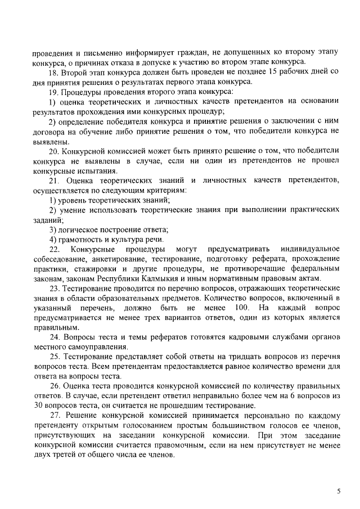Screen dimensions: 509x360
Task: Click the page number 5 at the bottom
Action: pyautogui.click(x=338, y=490)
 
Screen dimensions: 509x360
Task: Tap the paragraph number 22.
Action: pyautogui.click(x=55, y=249)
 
